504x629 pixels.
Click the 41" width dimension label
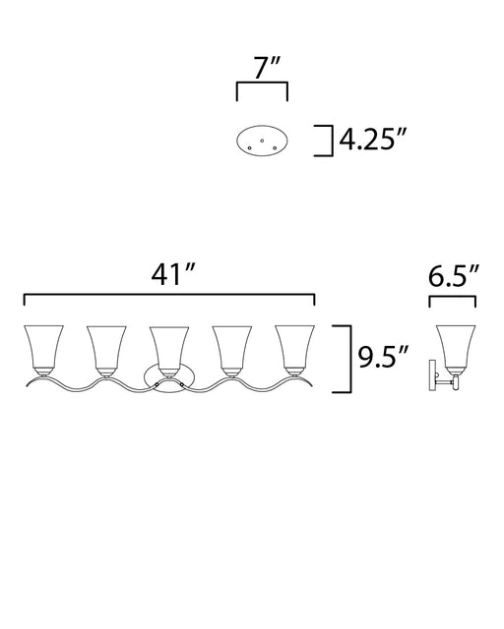(173, 275)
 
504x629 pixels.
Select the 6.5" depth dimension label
(454, 276)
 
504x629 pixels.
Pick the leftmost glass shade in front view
(43, 347)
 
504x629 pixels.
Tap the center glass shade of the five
(169, 349)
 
